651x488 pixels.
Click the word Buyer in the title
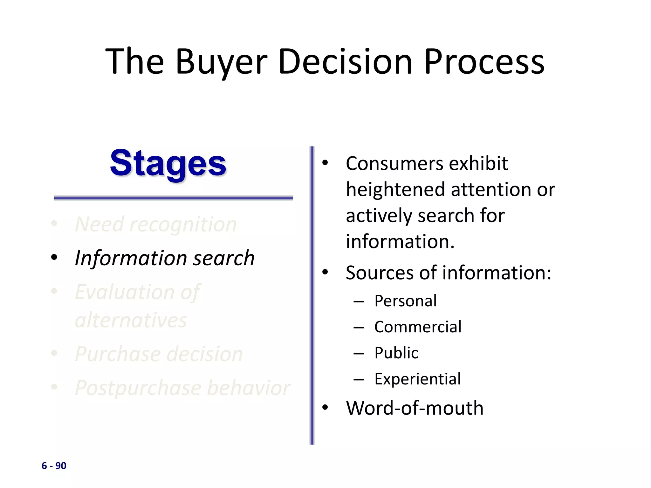(221, 62)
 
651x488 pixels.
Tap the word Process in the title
(484, 62)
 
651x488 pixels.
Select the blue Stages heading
(168, 164)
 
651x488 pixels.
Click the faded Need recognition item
(156, 224)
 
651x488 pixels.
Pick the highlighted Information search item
(165, 258)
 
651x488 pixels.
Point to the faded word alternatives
(131, 320)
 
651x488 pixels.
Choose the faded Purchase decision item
(159, 354)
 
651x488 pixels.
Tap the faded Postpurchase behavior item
(182, 388)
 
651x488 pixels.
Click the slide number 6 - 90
(54, 466)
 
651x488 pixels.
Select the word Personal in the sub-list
(405, 301)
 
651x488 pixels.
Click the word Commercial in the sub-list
(418, 327)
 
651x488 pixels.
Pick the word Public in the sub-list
(396, 353)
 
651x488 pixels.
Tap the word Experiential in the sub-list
(417, 379)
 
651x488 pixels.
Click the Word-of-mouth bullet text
(415, 408)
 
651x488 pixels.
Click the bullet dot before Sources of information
(325, 272)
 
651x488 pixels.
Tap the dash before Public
(359, 354)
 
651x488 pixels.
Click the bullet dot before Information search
(54, 257)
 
